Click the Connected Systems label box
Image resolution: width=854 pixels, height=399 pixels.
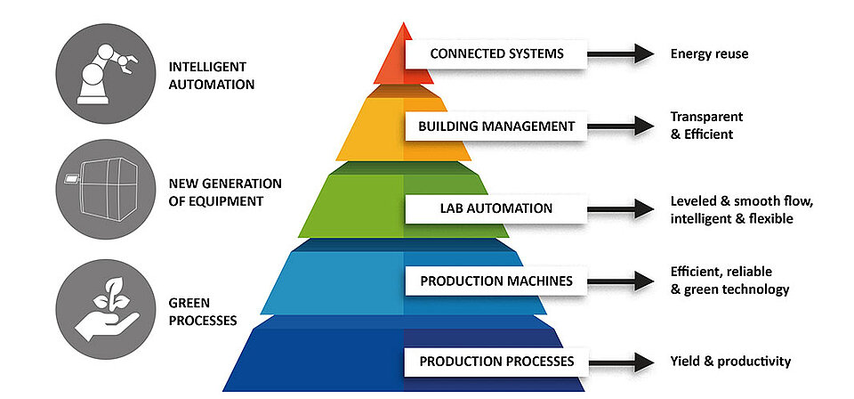(496, 53)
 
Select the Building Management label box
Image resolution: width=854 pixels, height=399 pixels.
(496, 126)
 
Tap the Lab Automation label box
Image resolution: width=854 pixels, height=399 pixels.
(496, 208)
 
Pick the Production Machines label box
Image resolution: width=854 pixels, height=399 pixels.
(496, 281)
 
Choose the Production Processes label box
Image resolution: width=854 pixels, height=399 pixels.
(496, 362)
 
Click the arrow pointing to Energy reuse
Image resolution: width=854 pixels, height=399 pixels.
(621, 54)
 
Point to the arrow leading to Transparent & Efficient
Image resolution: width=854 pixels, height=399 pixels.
(621, 126)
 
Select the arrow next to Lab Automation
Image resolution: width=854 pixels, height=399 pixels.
(621, 209)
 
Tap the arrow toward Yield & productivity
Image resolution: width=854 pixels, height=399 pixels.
(621, 362)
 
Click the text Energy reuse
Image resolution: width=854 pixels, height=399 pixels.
(709, 54)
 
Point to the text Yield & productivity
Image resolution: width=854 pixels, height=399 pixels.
(729, 362)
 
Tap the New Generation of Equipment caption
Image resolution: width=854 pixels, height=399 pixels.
(224, 192)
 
